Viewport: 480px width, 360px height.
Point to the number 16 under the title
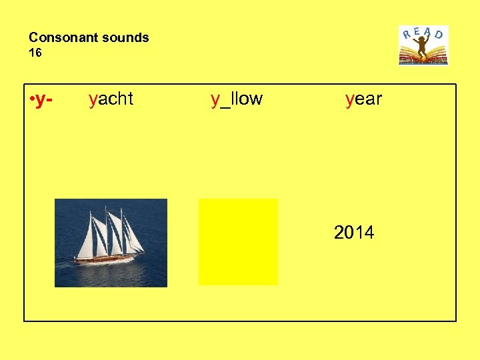(35, 53)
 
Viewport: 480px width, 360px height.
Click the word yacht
(111, 99)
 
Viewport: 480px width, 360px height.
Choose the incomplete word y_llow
(237, 99)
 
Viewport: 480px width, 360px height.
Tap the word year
(363, 99)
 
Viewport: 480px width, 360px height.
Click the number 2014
(354, 233)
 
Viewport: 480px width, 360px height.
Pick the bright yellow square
(238, 241)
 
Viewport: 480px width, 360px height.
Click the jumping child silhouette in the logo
(423, 46)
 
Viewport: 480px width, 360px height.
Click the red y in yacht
(93, 100)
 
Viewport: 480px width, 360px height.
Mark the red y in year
(349, 100)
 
